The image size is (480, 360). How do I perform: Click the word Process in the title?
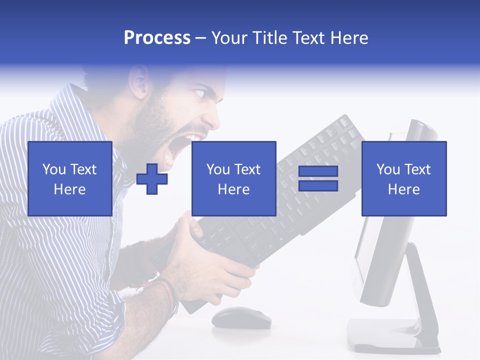click(x=157, y=38)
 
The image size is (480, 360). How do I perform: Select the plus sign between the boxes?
click(x=152, y=178)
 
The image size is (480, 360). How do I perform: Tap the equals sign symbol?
click(x=318, y=178)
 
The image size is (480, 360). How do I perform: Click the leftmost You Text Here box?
click(x=69, y=178)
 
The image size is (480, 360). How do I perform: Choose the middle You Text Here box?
click(x=233, y=178)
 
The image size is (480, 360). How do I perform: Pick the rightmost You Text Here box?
click(x=403, y=178)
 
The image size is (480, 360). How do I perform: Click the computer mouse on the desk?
click(x=241, y=317)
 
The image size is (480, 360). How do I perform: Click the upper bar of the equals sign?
click(x=318, y=171)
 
